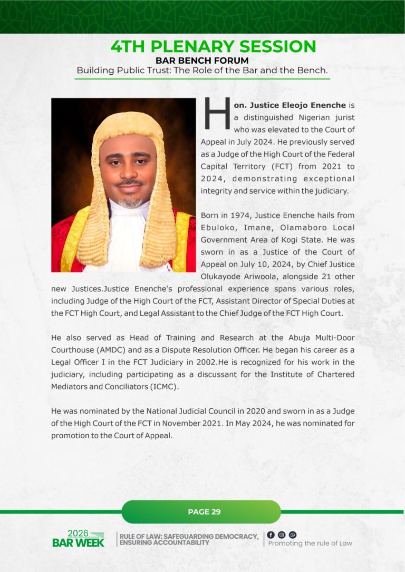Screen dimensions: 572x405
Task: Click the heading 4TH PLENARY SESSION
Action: point(213,46)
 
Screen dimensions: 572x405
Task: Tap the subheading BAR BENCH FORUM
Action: point(202,61)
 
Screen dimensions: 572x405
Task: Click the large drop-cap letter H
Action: point(217,113)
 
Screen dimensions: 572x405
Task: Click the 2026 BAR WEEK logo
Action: point(79,538)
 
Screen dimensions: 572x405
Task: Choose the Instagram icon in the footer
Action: point(282,535)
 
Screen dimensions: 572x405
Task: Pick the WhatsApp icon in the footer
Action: point(293,535)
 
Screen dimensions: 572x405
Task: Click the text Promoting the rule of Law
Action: point(310,544)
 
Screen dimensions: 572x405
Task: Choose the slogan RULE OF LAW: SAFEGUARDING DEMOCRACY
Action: point(189,537)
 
